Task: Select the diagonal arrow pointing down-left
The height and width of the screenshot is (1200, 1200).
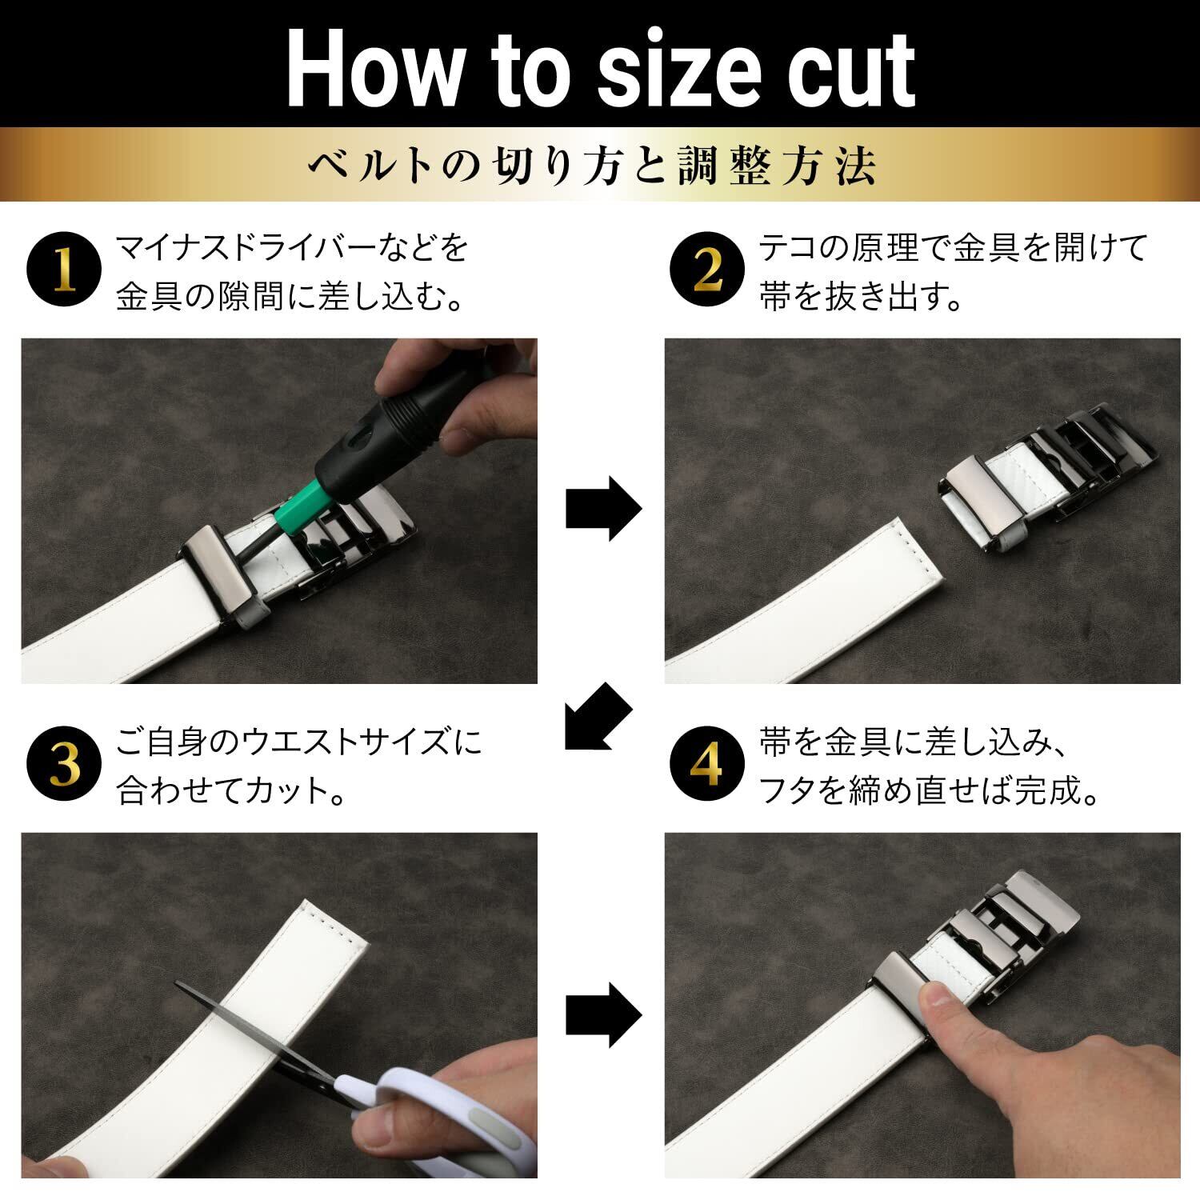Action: (598, 718)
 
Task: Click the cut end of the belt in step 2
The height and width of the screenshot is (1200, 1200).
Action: (920, 552)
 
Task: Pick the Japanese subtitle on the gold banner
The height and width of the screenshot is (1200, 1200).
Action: (591, 166)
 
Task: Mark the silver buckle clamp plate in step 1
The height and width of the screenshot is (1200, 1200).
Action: (220, 572)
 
